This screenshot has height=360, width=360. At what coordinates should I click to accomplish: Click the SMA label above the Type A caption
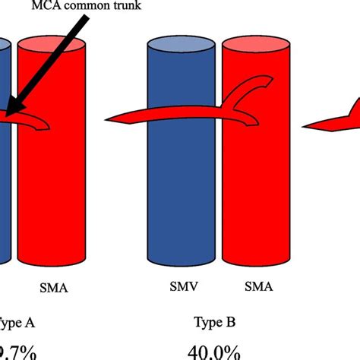point(53,289)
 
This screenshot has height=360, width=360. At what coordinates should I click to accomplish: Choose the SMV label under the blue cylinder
point(182,289)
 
